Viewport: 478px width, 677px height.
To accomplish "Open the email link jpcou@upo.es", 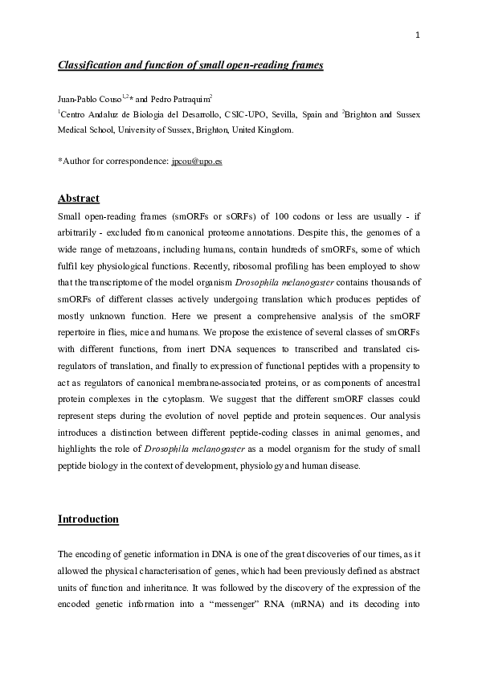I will tap(197, 161).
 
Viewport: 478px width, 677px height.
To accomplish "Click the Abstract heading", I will tap(78, 198).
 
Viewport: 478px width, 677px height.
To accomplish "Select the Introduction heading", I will tap(88, 519).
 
